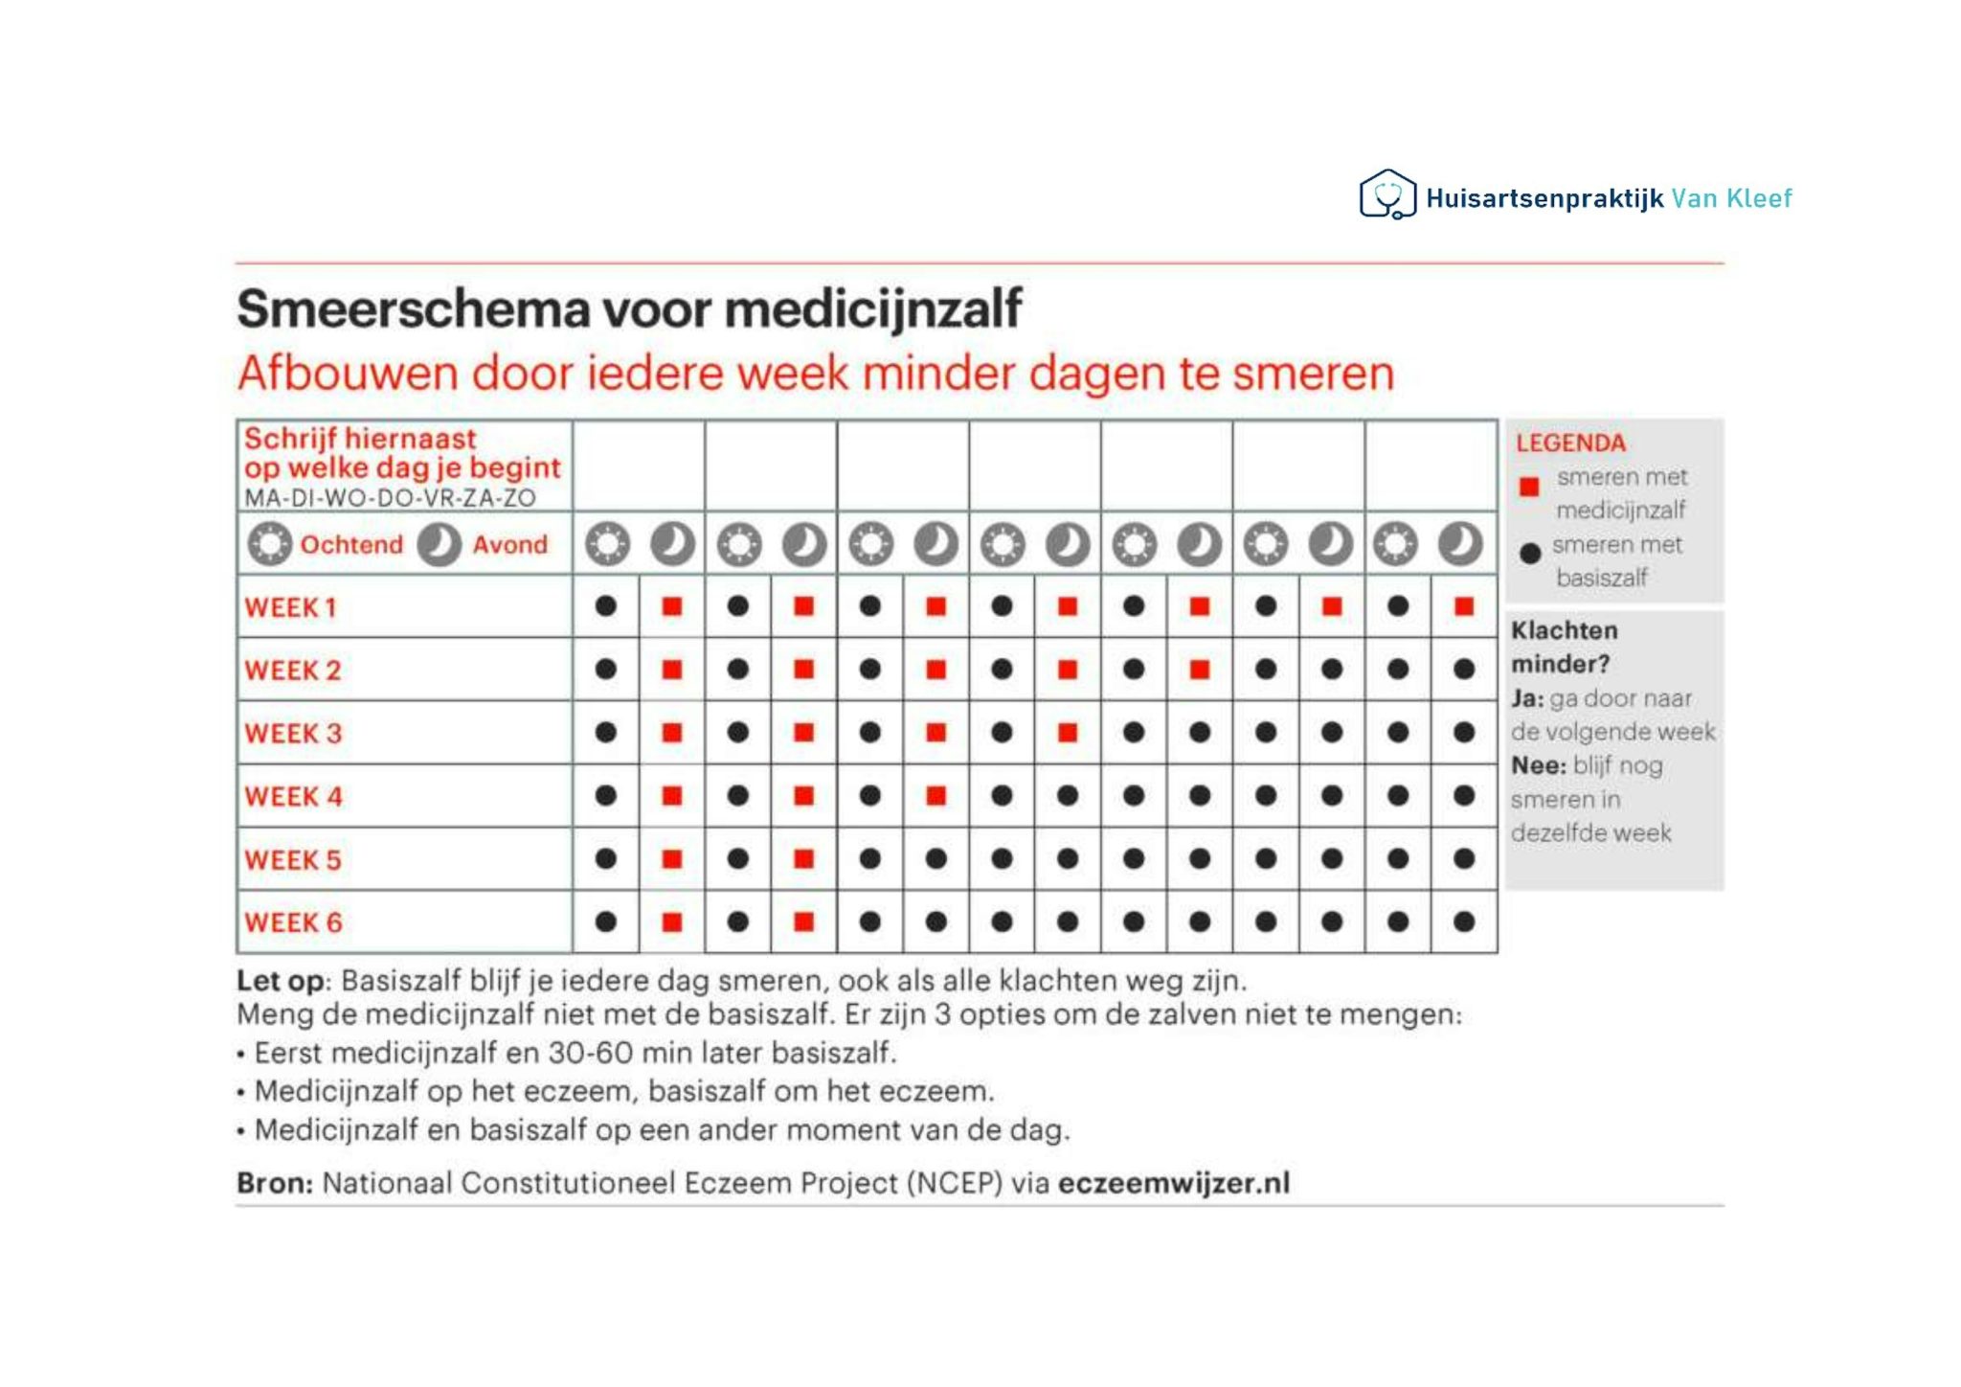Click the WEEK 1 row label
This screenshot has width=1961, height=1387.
point(290,607)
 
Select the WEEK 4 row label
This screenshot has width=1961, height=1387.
point(293,797)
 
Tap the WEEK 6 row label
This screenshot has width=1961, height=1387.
point(293,923)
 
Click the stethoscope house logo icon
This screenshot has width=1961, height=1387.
point(1387,194)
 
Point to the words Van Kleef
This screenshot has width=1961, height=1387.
point(1731,198)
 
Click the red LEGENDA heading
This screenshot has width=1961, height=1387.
point(1570,443)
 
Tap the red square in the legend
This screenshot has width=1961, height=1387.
point(1529,487)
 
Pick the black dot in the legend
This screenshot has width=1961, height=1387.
point(1530,553)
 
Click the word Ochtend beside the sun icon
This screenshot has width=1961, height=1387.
point(351,545)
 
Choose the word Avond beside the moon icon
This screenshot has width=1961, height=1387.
point(509,545)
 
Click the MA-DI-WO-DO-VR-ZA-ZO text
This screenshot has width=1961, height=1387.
point(390,498)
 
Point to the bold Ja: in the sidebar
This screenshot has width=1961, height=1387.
point(1527,699)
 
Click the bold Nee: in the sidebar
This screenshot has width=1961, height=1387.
point(1539,766)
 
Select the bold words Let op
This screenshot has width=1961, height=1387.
point(281,982)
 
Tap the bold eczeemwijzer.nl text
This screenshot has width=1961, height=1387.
point(1174,1184)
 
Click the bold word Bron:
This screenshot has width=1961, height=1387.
point(275,1184)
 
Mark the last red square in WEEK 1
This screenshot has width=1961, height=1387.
point(1463,606)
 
